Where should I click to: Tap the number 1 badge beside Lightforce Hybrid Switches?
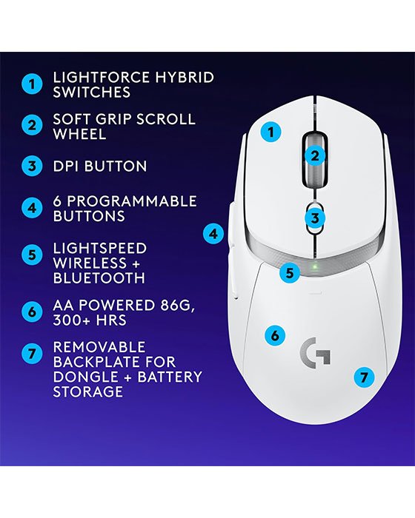pos(31,84)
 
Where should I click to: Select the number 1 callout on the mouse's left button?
pos(272,132)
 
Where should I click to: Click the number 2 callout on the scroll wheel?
pos(315,155)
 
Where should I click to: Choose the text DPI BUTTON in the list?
pos(99,166)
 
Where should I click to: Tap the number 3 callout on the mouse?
pos(315,218)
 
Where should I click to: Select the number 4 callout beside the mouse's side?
pos(213,235)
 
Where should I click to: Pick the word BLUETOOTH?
pos(99,278)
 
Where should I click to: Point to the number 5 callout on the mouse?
pos(290,272)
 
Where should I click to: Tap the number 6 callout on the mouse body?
pos(275,335)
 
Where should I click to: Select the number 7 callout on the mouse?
pos(363,376)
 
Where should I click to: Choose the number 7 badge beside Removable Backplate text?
pos(31,353)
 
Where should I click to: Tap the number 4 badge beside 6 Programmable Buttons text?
pos(31,209)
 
